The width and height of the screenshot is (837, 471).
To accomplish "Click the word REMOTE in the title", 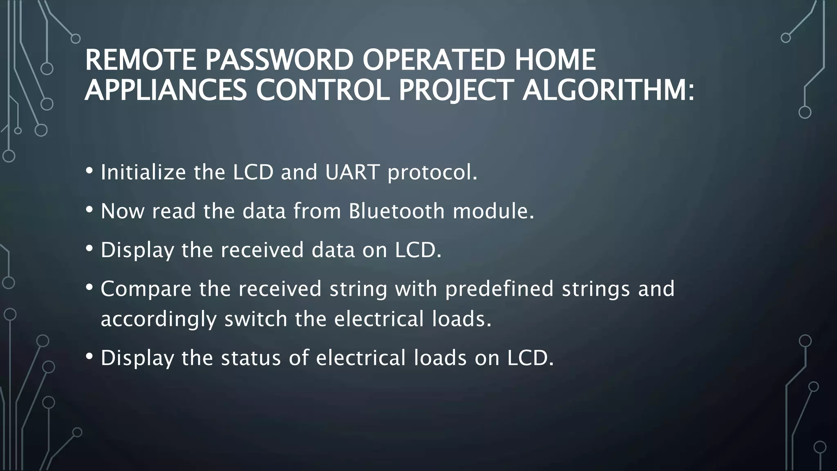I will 140,60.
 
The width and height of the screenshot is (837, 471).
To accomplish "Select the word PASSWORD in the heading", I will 279,60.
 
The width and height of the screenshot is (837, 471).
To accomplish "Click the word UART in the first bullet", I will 352,172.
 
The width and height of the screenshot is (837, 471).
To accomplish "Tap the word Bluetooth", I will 396,211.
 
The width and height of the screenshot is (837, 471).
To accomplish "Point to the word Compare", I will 146,289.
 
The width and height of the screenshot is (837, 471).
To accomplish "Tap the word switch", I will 255,319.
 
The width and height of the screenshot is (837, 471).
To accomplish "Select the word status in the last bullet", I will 251,358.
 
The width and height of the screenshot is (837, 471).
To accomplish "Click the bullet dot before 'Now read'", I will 90,210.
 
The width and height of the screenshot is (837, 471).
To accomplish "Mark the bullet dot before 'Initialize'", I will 90,171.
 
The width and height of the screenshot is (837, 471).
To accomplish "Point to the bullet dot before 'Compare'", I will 90,287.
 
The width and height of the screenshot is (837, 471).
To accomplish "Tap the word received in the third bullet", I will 262,250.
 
